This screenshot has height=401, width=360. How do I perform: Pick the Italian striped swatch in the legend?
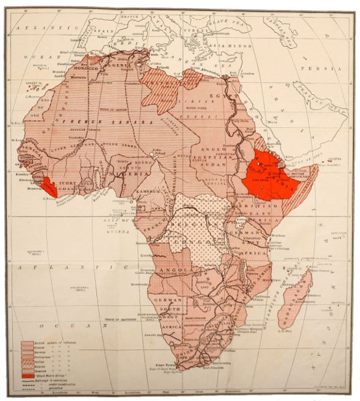point(29,358)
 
